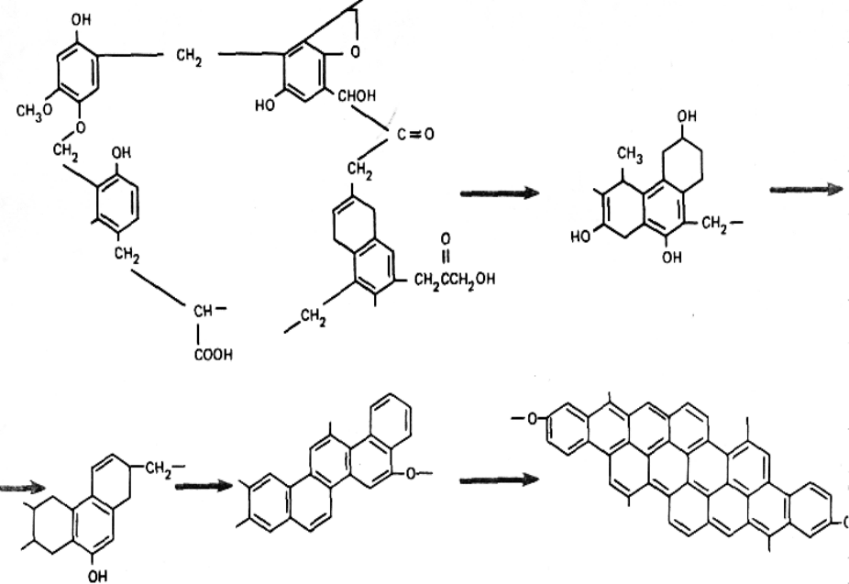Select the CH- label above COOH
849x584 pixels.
tap(204, 312)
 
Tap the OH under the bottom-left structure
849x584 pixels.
tap(97, 575)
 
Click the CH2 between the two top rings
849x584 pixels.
tap(189, 56)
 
